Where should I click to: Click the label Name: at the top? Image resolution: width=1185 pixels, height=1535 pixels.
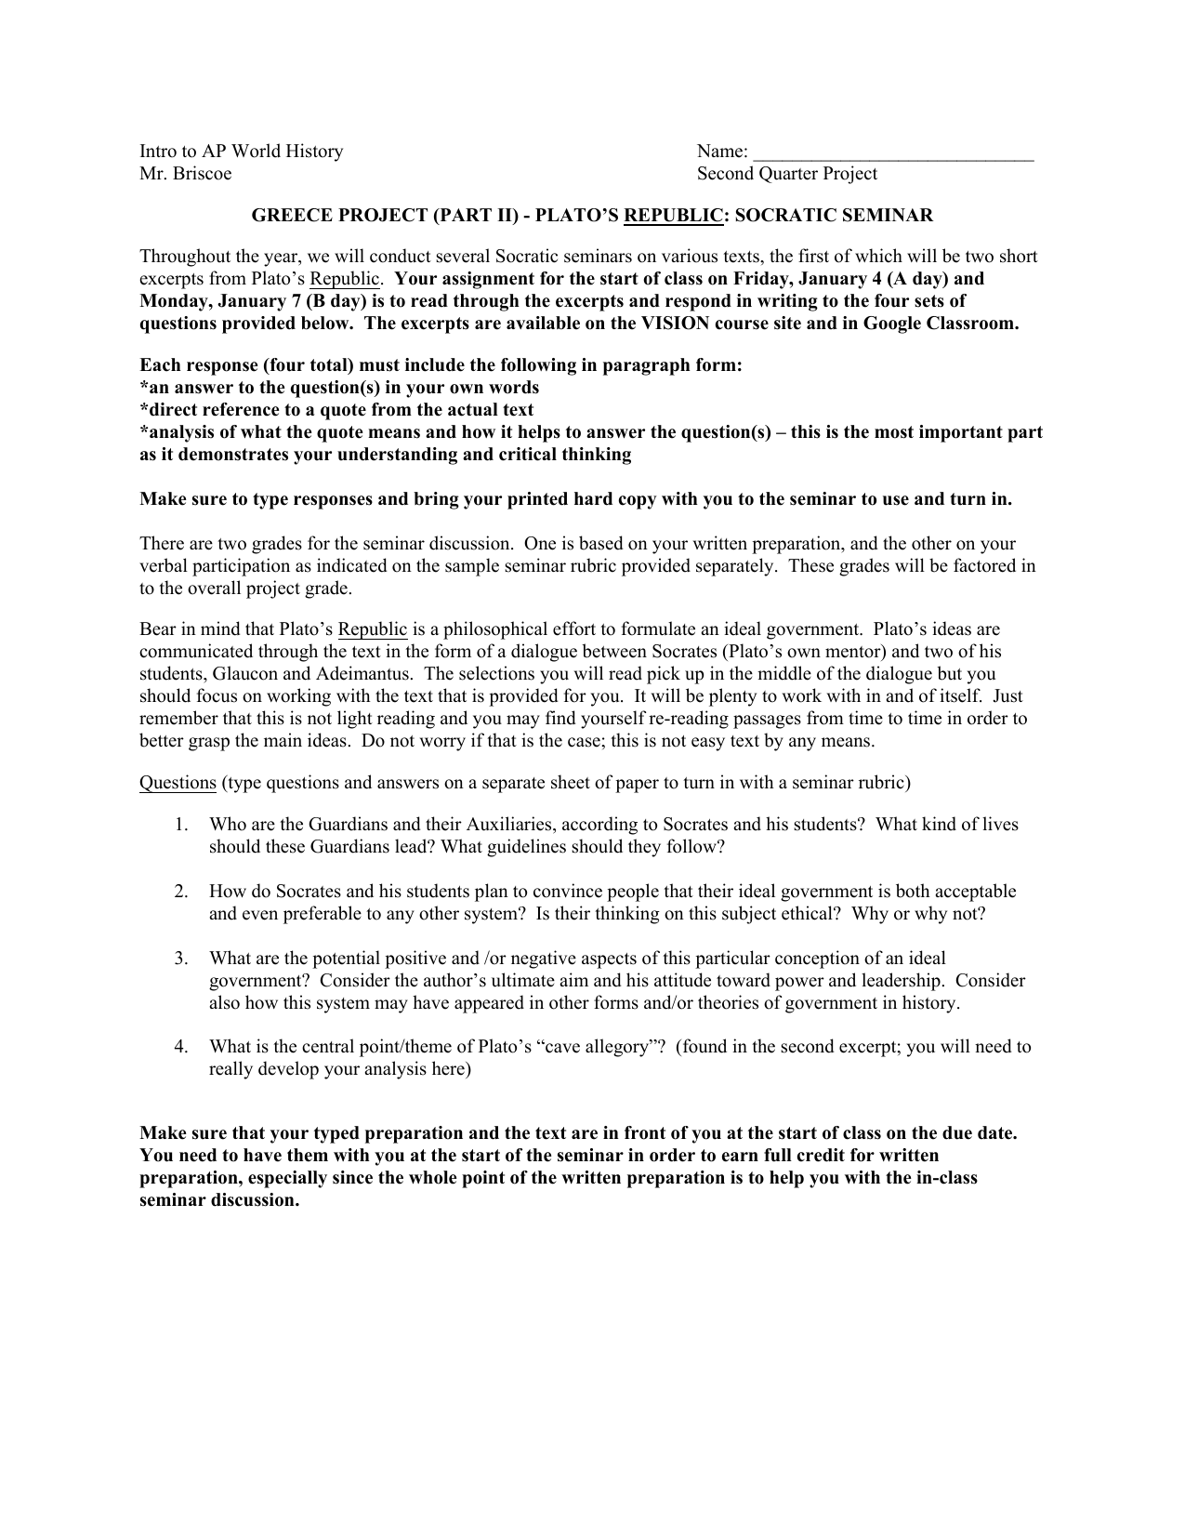click(x=722, y=152)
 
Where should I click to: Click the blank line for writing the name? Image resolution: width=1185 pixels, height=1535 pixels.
click(x=892, y=153)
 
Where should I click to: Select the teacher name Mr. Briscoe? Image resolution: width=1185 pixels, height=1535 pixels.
click(x=186, y=174)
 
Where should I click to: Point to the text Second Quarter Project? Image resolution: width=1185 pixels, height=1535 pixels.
click(x=786, y=174)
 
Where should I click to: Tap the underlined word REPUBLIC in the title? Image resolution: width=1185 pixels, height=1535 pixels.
click(x=673, y=216)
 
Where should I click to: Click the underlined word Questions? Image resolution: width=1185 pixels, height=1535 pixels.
click(x=178, y=783)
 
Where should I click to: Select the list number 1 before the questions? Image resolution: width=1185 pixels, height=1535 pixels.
click(x=180, y=825)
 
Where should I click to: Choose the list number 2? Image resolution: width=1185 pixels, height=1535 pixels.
click(x=180, y=892)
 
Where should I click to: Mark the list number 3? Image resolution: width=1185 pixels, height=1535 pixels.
click(x=180, y=959)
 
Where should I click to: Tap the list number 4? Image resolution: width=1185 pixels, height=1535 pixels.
click(x=180, y=1047)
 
